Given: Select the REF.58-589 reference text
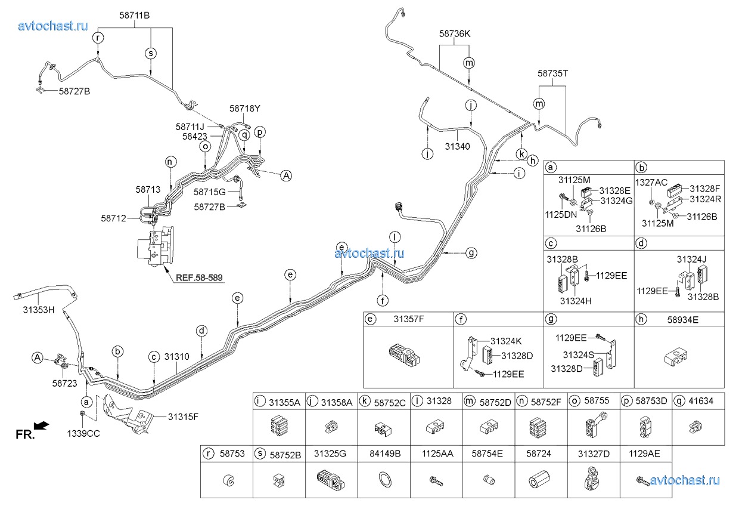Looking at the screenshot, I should point(200,277).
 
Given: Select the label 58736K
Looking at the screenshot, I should point(455,34).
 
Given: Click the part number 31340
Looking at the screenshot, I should point(458,146).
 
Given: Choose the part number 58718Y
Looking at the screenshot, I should point(245,109).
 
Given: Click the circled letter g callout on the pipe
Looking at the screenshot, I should point(471,253).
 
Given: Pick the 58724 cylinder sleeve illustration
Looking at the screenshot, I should point(539,480).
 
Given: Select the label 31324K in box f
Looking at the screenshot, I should point(506,341).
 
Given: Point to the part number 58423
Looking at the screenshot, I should point(195,136).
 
